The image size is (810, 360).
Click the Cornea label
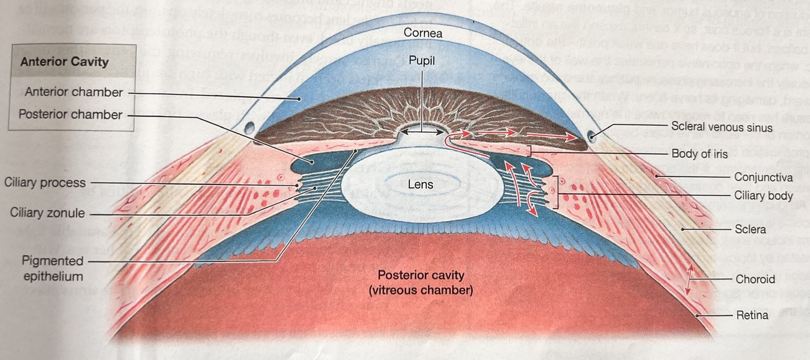click(x=423, y=33)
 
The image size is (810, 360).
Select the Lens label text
click(x=420, y=183)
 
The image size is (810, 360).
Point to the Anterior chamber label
click(x=74, y=92)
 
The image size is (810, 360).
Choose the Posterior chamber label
click(x=70, y=115)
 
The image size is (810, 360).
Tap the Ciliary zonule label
click(x=47, y=213)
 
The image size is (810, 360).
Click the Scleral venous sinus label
click(x=722, y=127)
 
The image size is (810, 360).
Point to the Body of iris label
click(x=699, y=154)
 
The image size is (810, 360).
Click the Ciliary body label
click(x=764, y=195)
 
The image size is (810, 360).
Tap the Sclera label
click(x=750, y=229)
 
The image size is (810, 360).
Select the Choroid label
click(x=755, y=279)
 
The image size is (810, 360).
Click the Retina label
click(x=752, y=315)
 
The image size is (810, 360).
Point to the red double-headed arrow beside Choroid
click(x=689, y=280)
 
